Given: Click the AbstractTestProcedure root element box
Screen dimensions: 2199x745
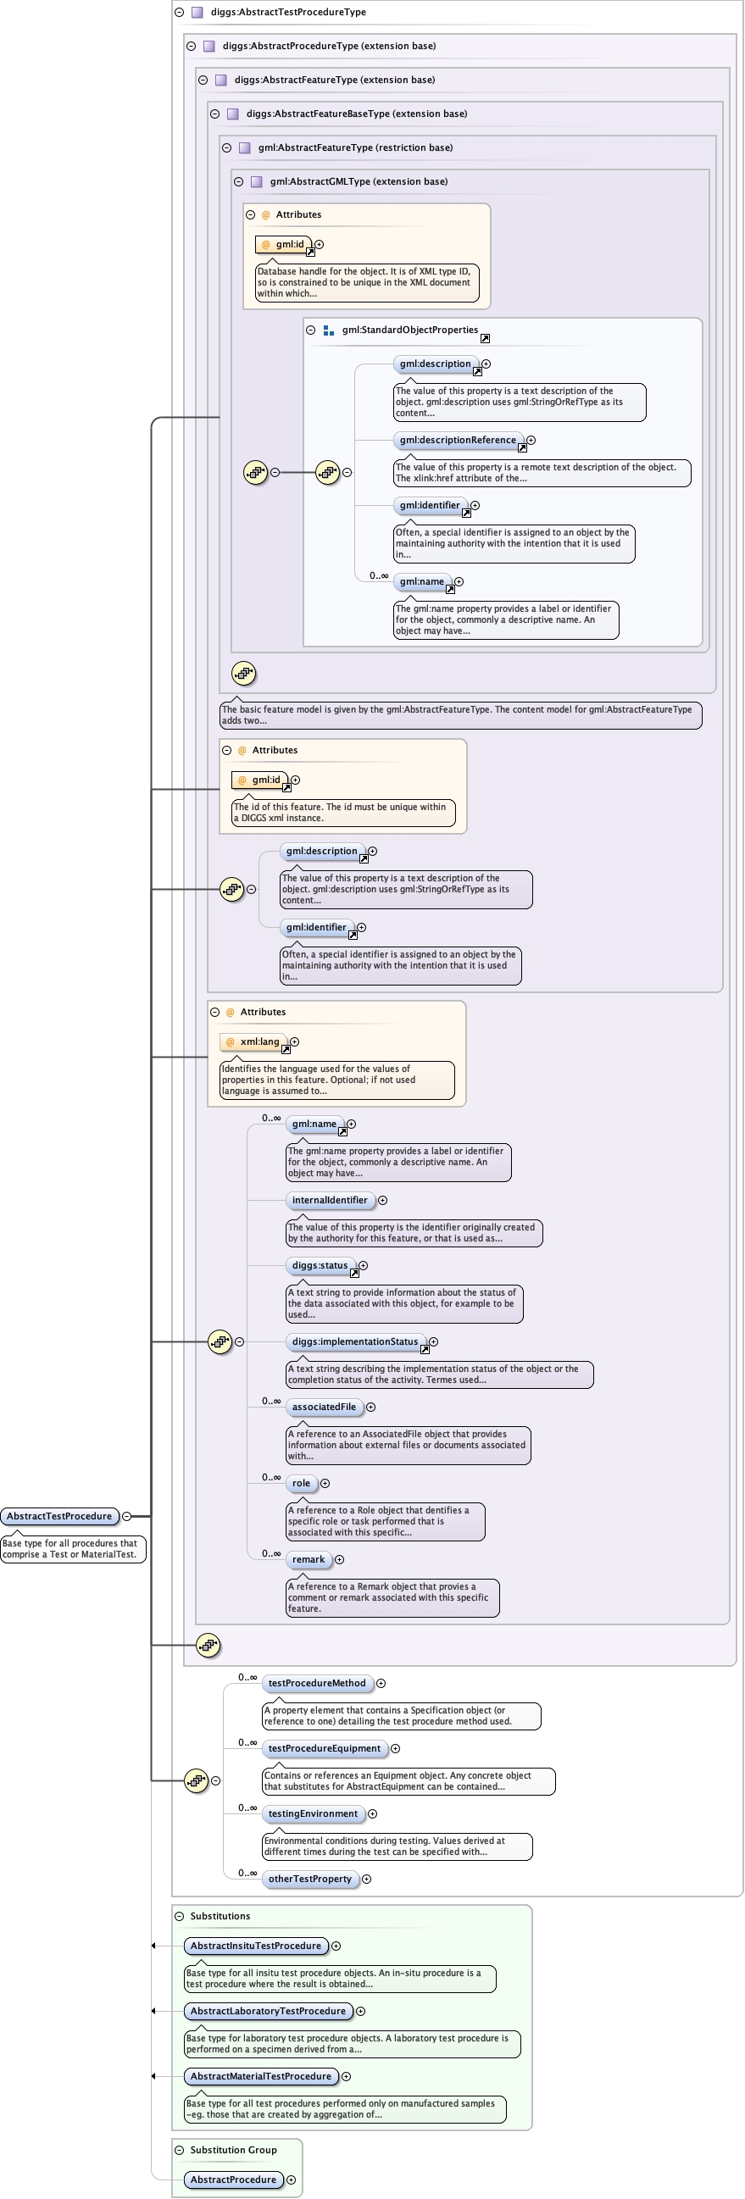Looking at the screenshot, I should tap(59, 1516).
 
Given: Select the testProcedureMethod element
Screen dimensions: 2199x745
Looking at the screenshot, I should tap(317, 1684).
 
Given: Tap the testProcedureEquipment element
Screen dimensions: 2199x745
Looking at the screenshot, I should tap(325, 1748).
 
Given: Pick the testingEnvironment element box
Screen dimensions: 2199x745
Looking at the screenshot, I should tap(314, 1813).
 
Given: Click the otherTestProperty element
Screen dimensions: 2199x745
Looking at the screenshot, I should tap(309, 1879).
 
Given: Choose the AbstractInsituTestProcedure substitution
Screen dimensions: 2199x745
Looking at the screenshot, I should tap(256, 1946).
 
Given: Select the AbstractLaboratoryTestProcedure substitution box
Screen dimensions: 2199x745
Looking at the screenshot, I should tap(268, 2011).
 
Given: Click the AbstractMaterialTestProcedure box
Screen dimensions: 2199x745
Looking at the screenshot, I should tap(261, 2076).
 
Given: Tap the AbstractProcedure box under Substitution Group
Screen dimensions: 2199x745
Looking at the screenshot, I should tap(234, 2180).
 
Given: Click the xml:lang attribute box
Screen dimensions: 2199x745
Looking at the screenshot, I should tap(254, 1041).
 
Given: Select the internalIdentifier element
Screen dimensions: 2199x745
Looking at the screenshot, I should tap(331, 1200).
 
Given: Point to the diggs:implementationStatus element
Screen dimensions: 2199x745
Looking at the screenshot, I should tap(356, 1342).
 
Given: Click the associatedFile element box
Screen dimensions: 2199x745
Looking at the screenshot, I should tap(325, 1407).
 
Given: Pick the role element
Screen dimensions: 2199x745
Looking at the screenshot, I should tap(301, 1484).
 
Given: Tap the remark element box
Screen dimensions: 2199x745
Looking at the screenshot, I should tap(309, 1559).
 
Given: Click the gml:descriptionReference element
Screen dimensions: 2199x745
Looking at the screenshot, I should tap(459, 441).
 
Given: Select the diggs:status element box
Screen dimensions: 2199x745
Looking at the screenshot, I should tap(320, 1266).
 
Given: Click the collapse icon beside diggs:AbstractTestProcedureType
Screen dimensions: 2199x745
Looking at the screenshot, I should tap(179, 12).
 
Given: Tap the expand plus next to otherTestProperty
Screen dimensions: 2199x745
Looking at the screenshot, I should tap(366, 1879).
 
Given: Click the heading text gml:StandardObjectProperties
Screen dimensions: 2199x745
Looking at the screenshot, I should tap(409, 330).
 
